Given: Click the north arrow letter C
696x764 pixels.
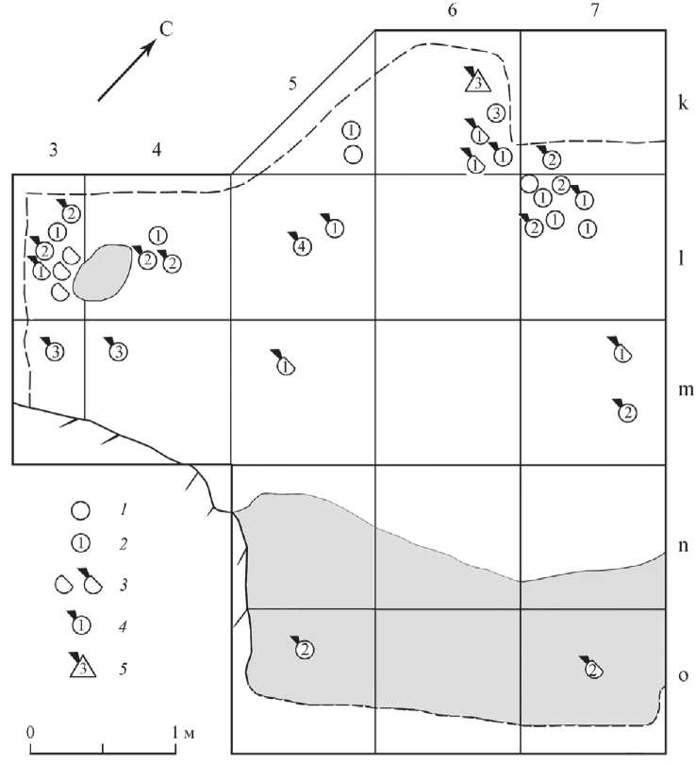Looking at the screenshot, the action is point(165,29).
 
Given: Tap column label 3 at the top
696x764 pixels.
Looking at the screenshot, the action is point(54,148).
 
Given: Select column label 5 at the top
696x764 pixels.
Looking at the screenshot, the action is point(292,83).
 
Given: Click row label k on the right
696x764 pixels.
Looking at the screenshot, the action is point(681,101).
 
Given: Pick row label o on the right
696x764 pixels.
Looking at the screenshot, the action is point(681,675).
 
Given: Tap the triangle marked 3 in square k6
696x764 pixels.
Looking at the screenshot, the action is point(479,81).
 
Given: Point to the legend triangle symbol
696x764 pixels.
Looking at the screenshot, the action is point(81,668).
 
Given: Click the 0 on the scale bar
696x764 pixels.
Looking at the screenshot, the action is point(30,731).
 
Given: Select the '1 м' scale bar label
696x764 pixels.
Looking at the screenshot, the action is point(183,731).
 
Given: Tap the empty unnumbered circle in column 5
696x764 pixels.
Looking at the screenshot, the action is point(352,154).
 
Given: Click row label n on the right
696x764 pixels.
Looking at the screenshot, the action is point(681,544).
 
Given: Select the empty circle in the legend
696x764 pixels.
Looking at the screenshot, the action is point(81,510).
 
